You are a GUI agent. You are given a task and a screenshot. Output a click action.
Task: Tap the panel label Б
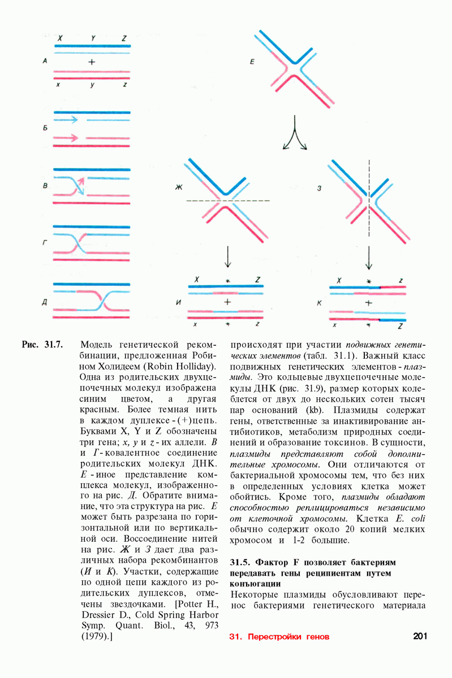tap(44, 129)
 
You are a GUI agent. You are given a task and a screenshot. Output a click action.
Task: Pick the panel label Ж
tap(179, 188)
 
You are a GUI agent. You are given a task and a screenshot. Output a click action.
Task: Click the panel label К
tap(319, 302)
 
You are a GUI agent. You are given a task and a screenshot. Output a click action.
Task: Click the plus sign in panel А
tap(92, 60)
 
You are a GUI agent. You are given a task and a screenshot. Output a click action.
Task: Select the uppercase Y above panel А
tap(93, 38)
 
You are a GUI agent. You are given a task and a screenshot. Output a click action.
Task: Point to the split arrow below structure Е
tap(294, 137)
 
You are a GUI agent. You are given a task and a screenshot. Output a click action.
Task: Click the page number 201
tap(420, 636)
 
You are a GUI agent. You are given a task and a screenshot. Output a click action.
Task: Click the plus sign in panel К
tap(369, 302)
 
